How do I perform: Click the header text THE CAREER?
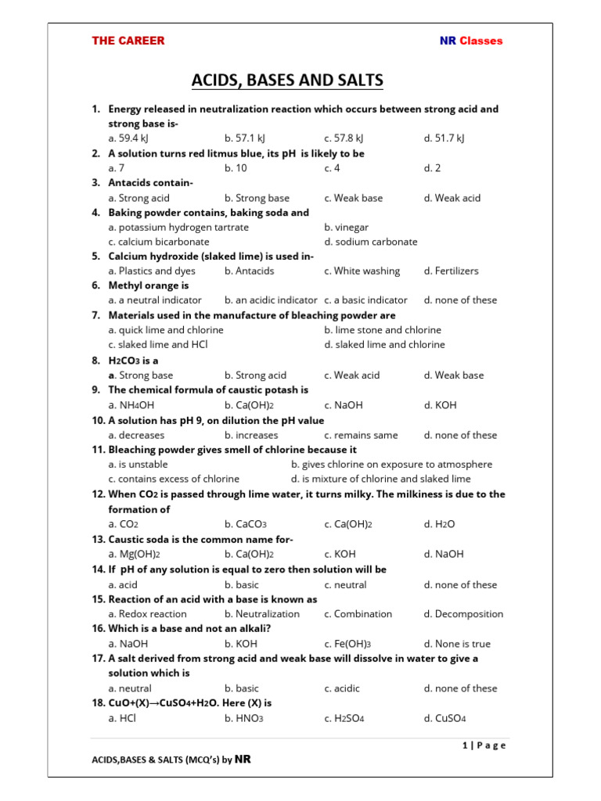coord(128,41)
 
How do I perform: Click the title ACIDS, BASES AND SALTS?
coord(288,81)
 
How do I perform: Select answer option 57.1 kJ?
coord(247,138)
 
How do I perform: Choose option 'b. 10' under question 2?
coord(236,168)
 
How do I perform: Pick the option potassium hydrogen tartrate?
coord(178,227)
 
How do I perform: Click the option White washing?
coord(362,271)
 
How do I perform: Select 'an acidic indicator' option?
coord(271,300)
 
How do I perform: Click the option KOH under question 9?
coord(440,405)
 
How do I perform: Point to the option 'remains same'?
coord(361,435)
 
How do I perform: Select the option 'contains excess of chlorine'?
coord(174,479)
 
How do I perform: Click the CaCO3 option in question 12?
coord(246,524)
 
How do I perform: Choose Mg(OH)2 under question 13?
coord(134,554)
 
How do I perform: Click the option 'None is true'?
coord(457,644)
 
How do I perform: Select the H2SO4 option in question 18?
coord(345,718)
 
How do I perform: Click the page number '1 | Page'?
coord(484,745)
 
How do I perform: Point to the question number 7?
coord(95,315)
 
